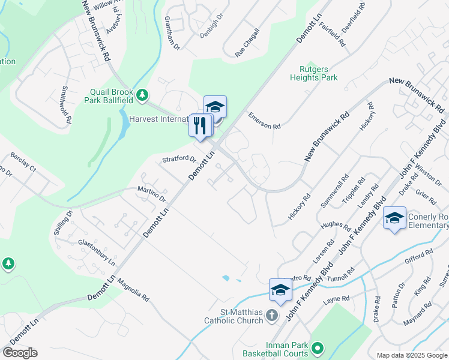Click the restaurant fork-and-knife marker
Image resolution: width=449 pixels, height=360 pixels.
pos(200,125)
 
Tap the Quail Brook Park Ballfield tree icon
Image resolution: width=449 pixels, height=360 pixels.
pos(142,95)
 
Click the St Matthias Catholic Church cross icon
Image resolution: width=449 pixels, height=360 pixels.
pos(272,314)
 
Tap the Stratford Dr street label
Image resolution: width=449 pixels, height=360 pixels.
pos(179,160)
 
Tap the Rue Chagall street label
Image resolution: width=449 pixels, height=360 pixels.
pos(247,43)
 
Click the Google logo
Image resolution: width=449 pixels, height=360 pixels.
pos(20,353)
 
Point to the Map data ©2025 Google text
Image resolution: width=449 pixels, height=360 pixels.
pos(411,355)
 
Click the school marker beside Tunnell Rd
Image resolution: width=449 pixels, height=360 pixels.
pos(280,290)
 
